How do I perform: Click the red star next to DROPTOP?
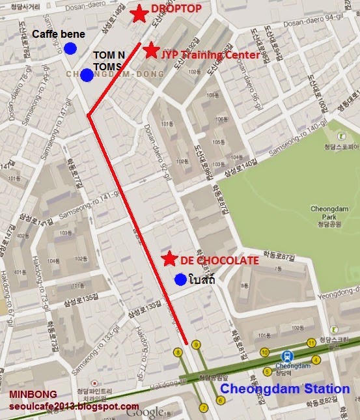pyautogui.click(x=138, y=14)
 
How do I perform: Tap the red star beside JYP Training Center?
pyautogui.click(x=151, y=50)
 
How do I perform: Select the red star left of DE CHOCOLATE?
pyautogui.click(x=169, y=259)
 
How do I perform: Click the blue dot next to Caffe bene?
pyautogui.click(x=70, y=48)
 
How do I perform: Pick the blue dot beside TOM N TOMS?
pyautogui.click(x=87, y=76)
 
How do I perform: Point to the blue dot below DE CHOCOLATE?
pyautogui.click(x=180, y=279)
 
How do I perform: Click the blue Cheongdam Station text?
pyautogui.click(x=284, y=389)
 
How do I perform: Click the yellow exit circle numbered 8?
pyautogui.click(x=177, y=353)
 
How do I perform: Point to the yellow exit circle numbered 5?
pyautogui.click(x=267, y=372)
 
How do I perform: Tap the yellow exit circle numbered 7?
pyautogui.click(x=203, y=408)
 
